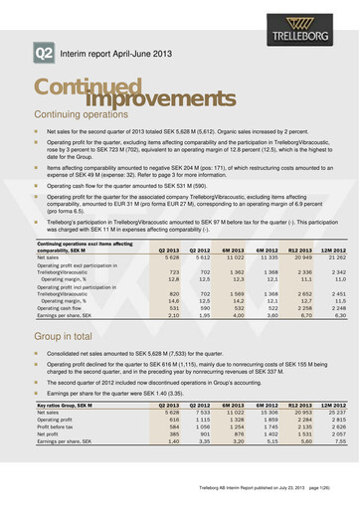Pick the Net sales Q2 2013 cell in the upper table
point(169,256)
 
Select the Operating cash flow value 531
point(172,307)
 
